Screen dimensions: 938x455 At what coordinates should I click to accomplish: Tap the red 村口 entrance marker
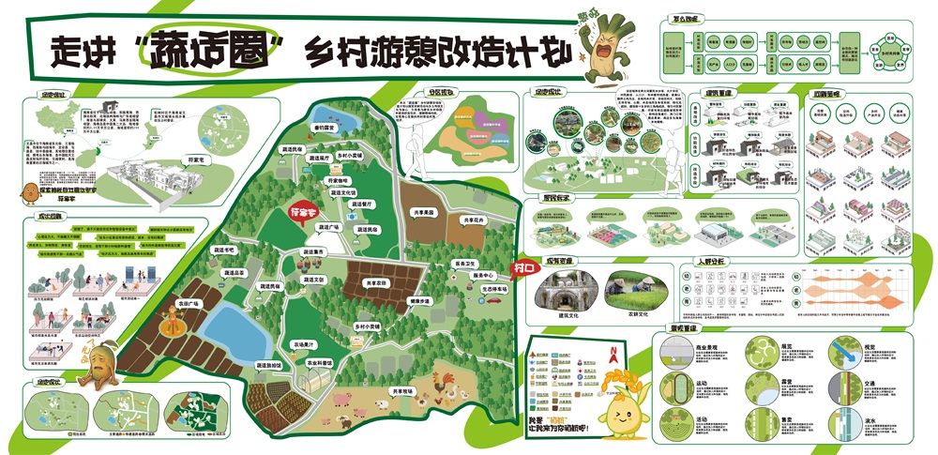click(523, 268)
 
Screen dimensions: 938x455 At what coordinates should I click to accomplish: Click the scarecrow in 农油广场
click(172, 327)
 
